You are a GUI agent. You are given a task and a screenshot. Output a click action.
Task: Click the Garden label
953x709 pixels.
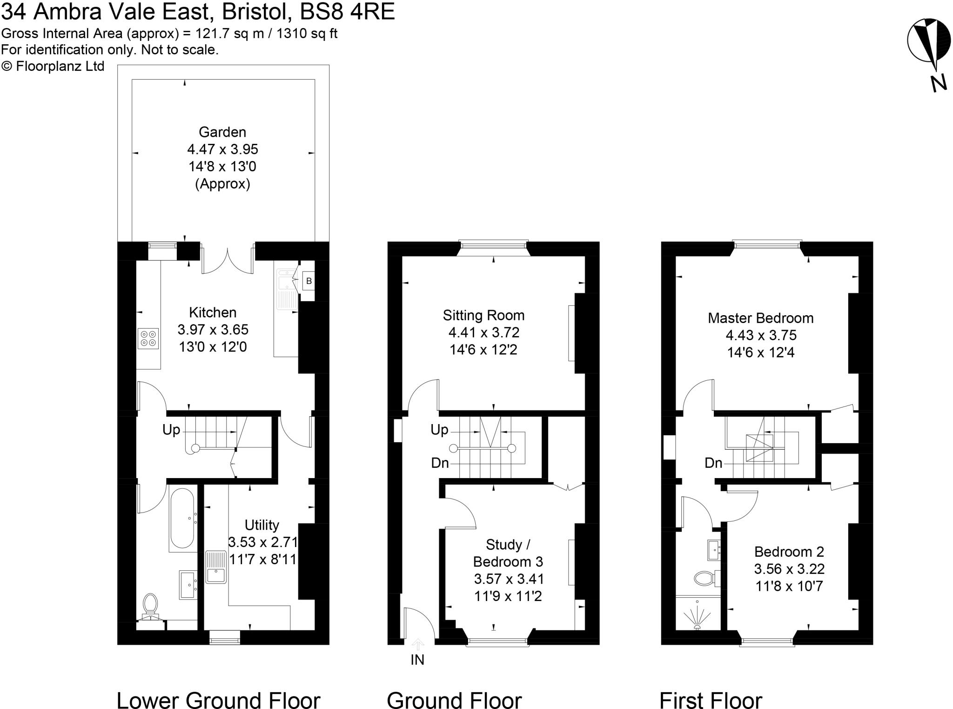click(222, 132)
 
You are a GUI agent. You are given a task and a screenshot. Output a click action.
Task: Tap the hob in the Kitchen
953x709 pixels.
click(148, 338)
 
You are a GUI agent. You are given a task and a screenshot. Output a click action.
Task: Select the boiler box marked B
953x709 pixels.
click(309, 281)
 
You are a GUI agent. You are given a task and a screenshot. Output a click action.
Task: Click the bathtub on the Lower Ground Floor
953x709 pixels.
click(182, 518)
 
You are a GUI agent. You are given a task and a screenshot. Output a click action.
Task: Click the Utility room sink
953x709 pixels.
click(216, 567)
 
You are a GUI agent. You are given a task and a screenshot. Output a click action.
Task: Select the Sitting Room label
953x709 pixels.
click(483, 316)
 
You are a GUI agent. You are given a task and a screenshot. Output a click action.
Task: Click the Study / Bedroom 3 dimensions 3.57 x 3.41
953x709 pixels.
click(509, 579)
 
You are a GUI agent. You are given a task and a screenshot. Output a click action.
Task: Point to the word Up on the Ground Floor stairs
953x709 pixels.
click(439, 430)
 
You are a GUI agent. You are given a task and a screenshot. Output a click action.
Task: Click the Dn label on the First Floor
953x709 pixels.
click(713, 463)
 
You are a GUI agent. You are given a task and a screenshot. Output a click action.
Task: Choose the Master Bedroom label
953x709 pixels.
click(760, 318)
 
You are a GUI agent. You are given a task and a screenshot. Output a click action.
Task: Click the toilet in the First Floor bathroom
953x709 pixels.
click(705, 579)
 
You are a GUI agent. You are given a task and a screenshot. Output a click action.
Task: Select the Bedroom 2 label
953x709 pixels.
click(789, 552)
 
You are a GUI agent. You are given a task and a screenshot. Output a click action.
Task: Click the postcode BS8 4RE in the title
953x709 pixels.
click(347, 12)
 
